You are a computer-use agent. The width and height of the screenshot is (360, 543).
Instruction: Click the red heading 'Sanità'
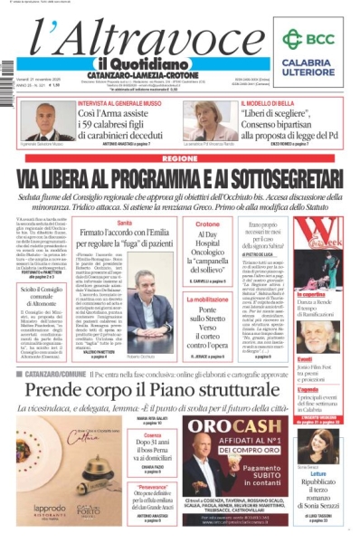click(x=125, y=223)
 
